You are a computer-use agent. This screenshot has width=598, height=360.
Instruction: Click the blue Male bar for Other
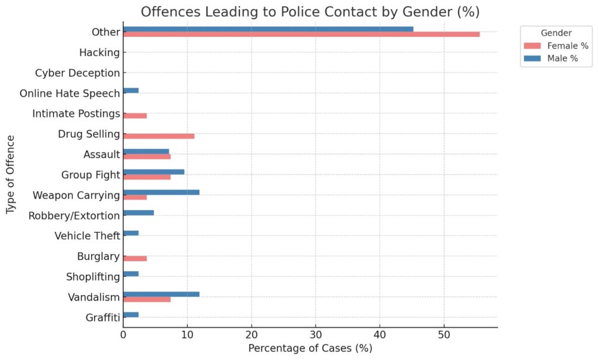tap(268, 29)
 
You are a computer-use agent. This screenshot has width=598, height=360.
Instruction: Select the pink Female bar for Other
tap(301, 34)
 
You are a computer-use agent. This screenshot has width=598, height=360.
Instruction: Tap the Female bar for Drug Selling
tap(159, 136)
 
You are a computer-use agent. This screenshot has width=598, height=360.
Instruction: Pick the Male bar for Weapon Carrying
tap(161, 192)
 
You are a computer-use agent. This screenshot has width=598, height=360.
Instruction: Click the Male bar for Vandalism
tap(161, 294)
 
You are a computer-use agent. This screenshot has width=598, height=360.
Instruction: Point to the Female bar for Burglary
tap(135, 258)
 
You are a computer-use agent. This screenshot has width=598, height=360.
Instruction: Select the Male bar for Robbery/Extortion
tap(138, 213)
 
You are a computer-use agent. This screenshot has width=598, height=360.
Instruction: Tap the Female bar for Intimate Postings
tap(135, 116)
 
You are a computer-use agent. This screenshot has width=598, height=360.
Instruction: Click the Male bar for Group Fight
tap(154, 172)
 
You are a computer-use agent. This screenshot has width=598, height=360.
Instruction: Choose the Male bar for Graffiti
tap(131, 314)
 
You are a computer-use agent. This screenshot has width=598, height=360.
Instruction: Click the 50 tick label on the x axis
tap(444, 335)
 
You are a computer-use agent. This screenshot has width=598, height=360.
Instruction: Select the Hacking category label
tap(99, 53)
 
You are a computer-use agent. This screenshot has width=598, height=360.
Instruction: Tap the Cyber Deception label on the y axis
tap(77, 73)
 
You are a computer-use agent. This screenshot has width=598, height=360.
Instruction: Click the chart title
tap(310, 12)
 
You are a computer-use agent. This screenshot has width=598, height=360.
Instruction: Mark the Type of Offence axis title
tap(11, 175)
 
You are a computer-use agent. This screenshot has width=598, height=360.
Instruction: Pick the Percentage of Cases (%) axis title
tap(310, 348)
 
